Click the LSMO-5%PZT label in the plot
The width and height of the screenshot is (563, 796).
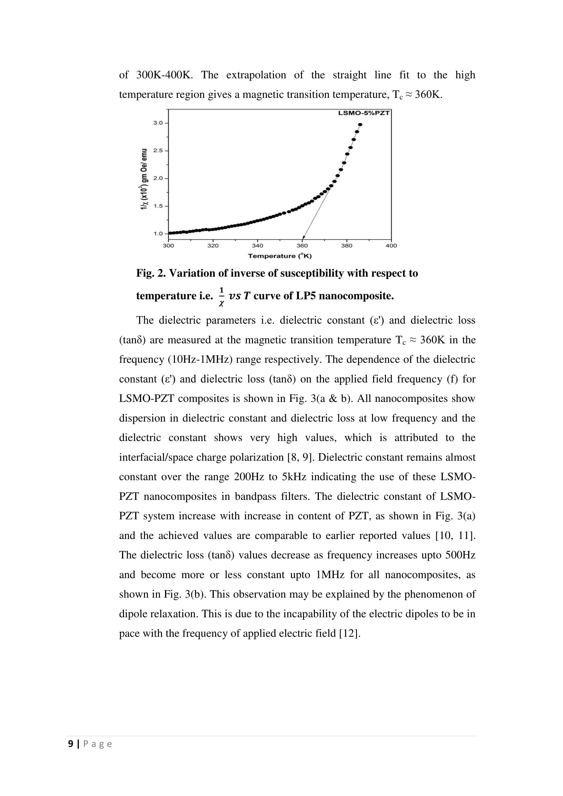pos(364,113)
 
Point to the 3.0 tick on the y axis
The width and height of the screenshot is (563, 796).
pos(158,123)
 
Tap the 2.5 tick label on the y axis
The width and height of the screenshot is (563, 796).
pos(158,150)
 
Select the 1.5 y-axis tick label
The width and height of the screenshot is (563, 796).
pos(158,206)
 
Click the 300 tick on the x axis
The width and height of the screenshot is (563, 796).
pos(168,245)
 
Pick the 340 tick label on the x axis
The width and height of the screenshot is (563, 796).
pos(257,245)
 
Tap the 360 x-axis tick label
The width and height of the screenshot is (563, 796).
pos(302,245)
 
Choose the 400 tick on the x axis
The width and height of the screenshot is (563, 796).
pos(391,245)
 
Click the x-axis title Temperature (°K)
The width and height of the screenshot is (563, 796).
pos(280,256)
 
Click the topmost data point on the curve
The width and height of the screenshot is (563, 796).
pos(360,125)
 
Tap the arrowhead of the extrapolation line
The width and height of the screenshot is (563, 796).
pos(304,238)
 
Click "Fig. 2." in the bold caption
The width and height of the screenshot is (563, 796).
pos(151,273)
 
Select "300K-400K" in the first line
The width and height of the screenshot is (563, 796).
pos(164,75)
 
